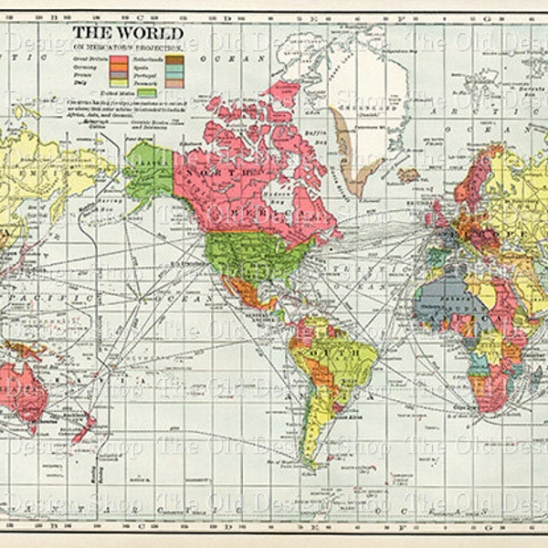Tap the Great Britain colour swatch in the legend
point(118,59)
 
